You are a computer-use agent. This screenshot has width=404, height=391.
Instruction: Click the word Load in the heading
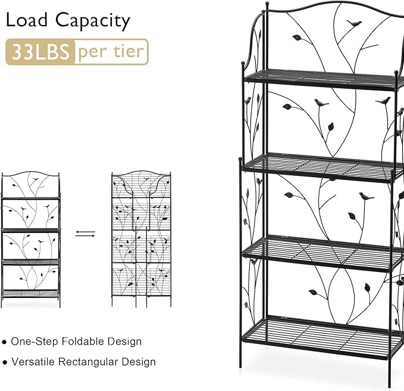[x=27, y=20]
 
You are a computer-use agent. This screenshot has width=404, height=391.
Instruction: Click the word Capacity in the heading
[x=93, y=21]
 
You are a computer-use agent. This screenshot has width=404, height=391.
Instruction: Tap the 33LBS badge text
[x=40, y=52]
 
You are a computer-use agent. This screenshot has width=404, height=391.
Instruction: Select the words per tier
[x=111, y=52]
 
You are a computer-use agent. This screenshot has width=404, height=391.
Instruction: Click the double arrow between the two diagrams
[x=85, y=234]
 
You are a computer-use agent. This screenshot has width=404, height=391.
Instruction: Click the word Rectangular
[x=88, y=362]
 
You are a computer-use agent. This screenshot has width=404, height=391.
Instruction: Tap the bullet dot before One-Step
[x=4, y=342]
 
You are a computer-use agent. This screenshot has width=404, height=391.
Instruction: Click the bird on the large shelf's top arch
[x=354, y=23]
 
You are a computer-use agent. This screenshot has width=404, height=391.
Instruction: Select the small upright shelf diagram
[x=31, y=239]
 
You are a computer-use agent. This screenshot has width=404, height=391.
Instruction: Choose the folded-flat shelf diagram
[x=141, y=238]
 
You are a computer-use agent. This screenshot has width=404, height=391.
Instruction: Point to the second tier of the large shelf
[x=322, y=167]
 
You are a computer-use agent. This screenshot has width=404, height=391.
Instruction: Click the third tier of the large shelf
[x=322, y=253]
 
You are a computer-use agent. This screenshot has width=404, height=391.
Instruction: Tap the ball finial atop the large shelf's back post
[x=267, y=4]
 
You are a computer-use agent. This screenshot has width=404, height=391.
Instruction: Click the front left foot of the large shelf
[x=240, y=361]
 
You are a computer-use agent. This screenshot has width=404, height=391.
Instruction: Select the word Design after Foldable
[x=125, y=342]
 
